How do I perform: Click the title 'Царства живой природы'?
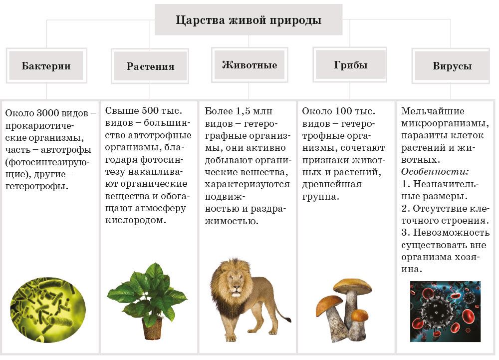point(249,20)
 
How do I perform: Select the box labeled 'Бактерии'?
point(46,66)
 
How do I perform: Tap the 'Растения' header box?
point(150,66)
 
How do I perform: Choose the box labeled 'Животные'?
point(249,65)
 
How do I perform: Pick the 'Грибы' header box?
point(350,65)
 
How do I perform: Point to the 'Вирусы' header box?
point(452,66)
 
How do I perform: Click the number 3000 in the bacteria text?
point(48,113)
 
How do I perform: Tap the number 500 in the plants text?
point(150,110)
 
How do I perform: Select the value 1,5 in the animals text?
point(244,111)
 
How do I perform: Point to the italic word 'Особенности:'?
point(435,172)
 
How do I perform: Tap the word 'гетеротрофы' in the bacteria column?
point(36,186)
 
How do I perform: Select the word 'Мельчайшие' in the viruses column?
point(433,111)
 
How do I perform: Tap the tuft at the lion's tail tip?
point(287,319)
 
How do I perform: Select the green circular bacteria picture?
point(48,310)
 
